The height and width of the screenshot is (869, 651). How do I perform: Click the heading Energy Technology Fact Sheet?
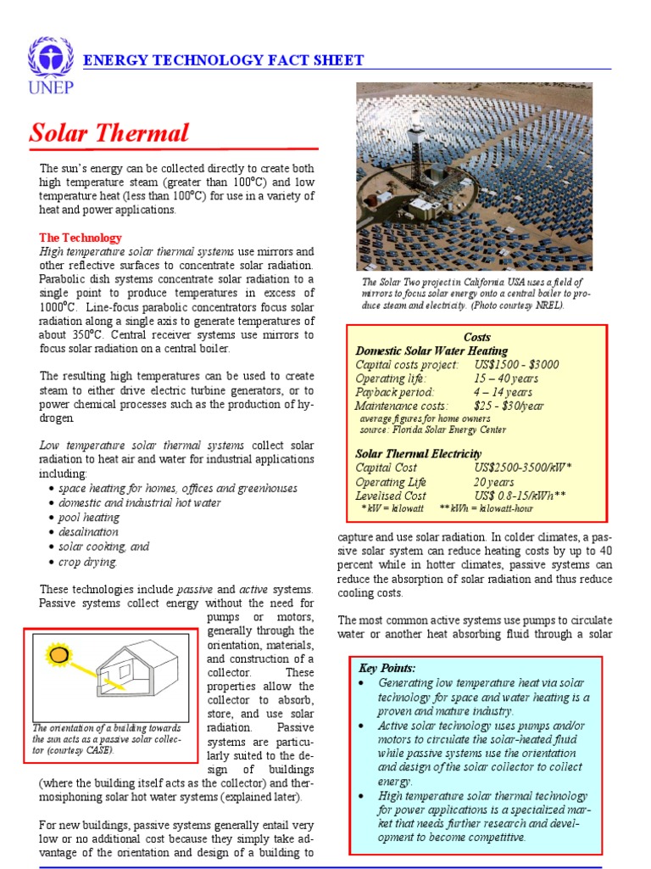click(223, 60)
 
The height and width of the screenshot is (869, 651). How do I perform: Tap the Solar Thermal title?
click(108, 133)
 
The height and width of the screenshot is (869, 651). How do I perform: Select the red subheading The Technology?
click(81, 238)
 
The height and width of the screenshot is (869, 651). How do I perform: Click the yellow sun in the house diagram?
click(58, 654)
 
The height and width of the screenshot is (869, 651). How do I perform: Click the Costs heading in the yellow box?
click(477, 337)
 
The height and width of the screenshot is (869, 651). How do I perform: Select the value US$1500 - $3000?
click(516, 364)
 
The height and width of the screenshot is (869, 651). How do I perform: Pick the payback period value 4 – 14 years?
click(503, 392)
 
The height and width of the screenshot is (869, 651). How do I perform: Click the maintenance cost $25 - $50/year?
click(509, 406)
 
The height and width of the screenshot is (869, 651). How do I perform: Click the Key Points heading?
click(387, 668)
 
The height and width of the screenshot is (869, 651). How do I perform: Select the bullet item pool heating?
click(89, 517)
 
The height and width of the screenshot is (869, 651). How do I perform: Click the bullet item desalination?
click(89, 532)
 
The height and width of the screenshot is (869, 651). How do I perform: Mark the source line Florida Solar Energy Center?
click(432, 429)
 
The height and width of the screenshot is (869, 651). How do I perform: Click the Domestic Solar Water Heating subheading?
click(431, 350)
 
